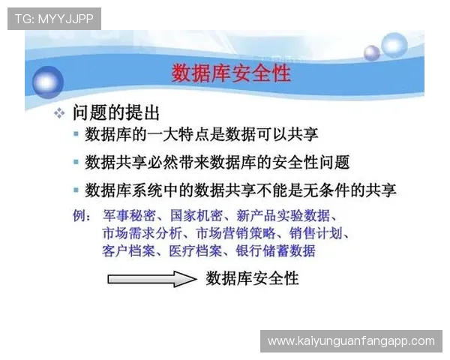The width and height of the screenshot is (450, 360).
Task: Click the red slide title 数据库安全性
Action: point(230,73)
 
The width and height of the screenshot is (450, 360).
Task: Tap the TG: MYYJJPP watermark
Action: point(53,18)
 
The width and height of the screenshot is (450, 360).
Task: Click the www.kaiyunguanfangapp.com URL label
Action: point(350,341)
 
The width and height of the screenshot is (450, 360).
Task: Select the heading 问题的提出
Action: point(116,113)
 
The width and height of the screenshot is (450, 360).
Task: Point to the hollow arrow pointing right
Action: point(151,279)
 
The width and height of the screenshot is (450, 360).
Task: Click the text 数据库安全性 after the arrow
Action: point(252,278)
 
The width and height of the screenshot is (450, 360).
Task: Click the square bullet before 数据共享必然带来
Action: point(76,162)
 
